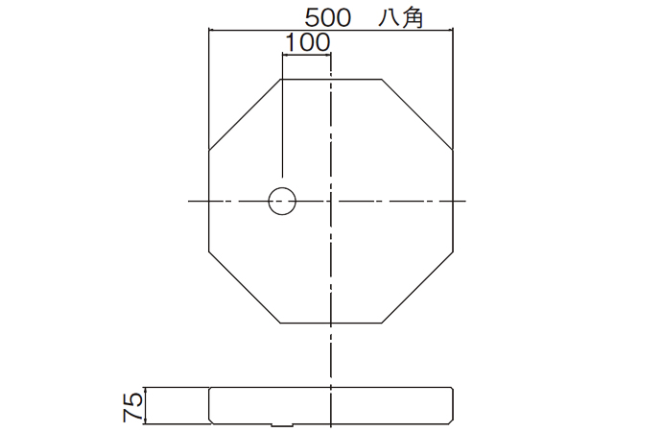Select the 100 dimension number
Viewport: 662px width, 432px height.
point(307,41)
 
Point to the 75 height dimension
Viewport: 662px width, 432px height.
point(132,405)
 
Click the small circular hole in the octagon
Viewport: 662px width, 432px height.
point(281,201)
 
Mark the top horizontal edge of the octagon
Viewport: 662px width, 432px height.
point(331,79)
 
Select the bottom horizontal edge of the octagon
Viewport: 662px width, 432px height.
point(331,323)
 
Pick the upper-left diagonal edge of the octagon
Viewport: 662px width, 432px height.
point(245,114)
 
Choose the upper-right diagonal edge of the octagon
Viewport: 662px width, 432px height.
point(417,114)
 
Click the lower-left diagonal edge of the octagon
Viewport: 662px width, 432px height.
point(245,287)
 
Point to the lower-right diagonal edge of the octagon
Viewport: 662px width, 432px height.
point(417,287)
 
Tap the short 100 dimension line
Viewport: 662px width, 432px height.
point(306,55)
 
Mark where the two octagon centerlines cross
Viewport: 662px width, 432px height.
point(331,201)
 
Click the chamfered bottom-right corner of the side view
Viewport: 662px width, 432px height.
point(450,420)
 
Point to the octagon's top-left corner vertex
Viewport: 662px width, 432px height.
point(280,79)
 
